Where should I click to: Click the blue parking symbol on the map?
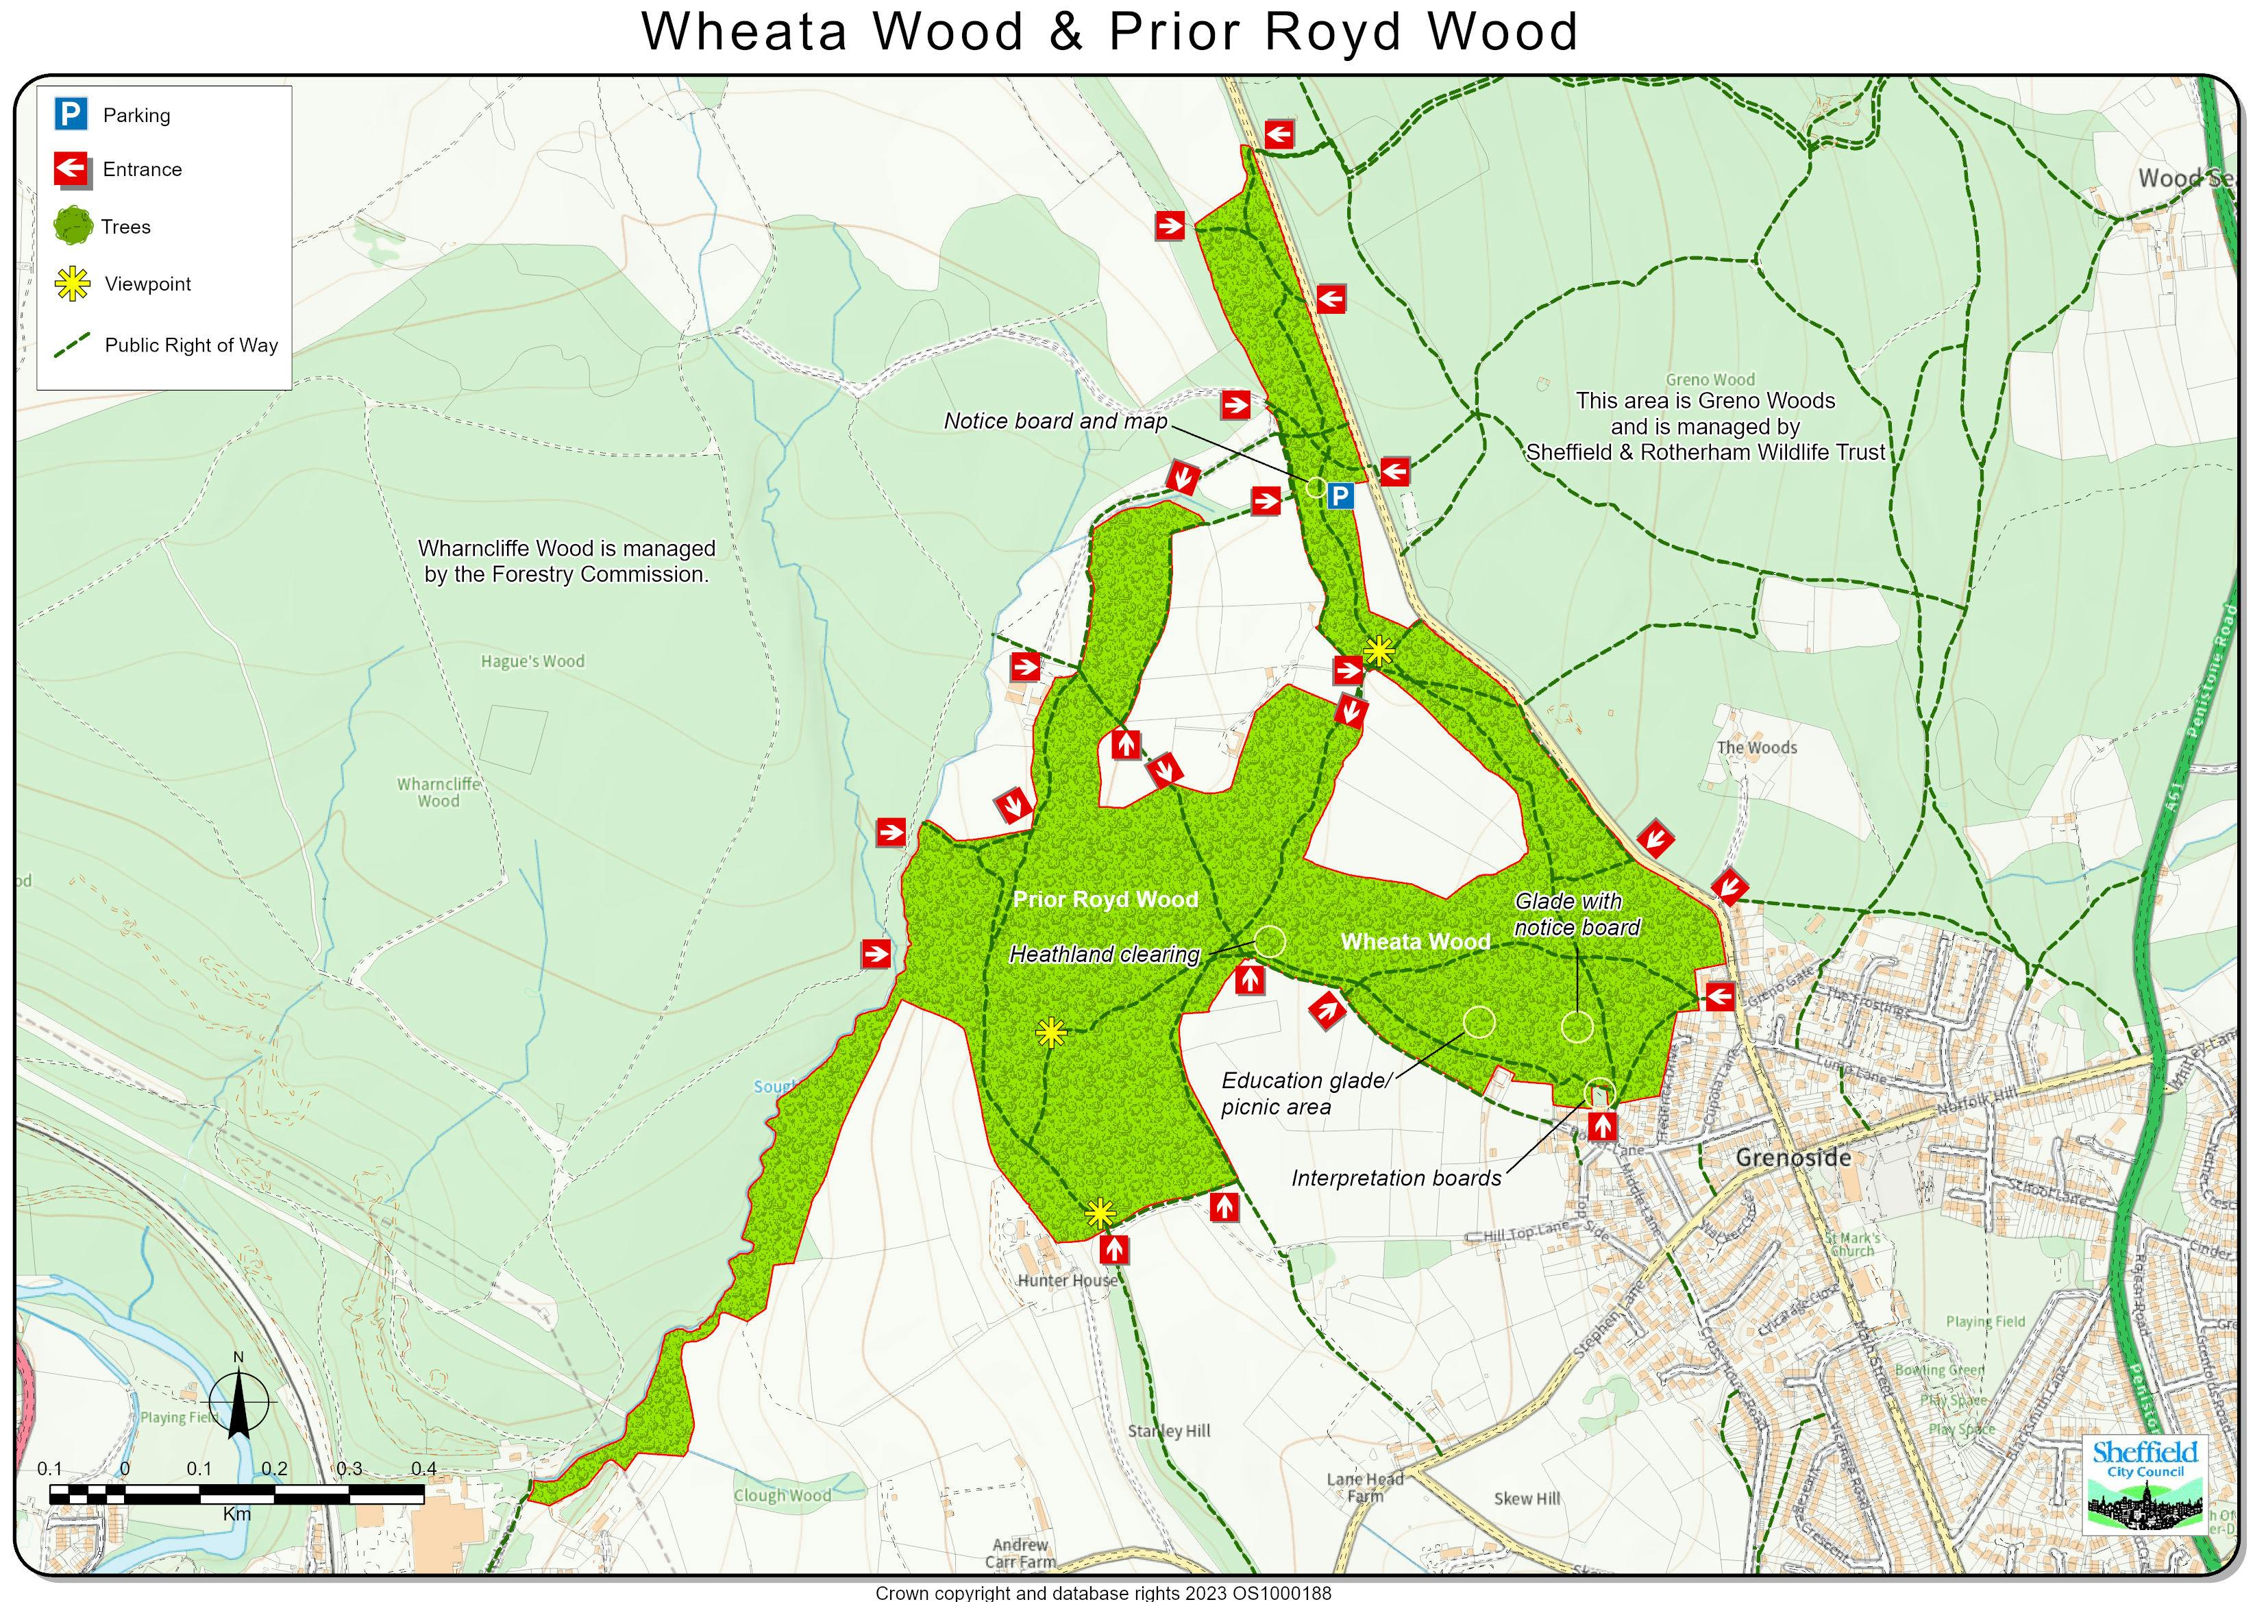(1340, 495)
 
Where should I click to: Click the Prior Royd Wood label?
(1105, 899)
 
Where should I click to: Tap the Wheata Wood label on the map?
(1414, 941)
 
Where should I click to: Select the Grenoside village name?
(1793, 1158)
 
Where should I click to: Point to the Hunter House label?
(1067, 1280)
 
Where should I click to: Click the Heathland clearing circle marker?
(1268, 941)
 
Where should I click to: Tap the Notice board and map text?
(1055, 421)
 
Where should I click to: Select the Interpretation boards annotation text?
(1396, 1179)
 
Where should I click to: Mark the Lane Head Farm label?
(1365, 1486)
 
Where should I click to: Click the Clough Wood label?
(782, 1495)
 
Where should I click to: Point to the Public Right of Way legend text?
(191, 345)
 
